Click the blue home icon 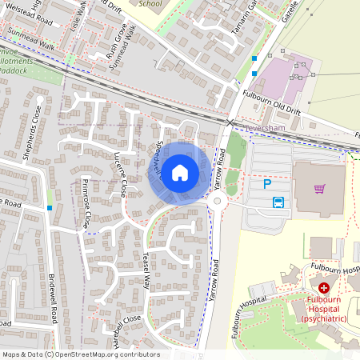(180, 173)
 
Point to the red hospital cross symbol (324, 287)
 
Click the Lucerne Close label (120, 174)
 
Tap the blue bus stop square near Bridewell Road (50, 208)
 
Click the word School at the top (150, 3)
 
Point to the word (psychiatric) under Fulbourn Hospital (324, 318)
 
